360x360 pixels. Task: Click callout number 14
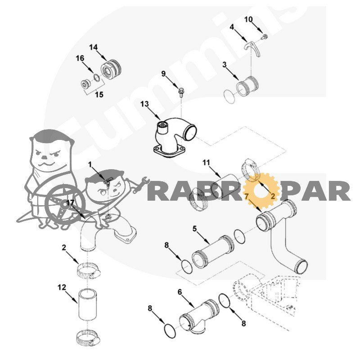(94, 48)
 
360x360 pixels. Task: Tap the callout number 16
(80, 58)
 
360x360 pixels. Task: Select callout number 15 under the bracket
(99, 94)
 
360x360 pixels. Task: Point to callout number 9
(163, 74)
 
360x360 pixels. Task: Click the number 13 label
(144, 104)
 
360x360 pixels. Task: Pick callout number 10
(248, 19)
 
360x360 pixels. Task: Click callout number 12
(62, 287)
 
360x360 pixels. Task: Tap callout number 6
(180, 292)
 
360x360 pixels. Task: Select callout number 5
(195, 229)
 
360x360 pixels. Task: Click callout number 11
(206, 162)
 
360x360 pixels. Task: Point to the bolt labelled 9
(181, 92)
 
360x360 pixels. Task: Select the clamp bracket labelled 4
(252, 49)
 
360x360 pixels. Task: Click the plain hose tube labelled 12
(87, 305)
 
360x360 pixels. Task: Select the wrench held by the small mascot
(140, 184)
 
